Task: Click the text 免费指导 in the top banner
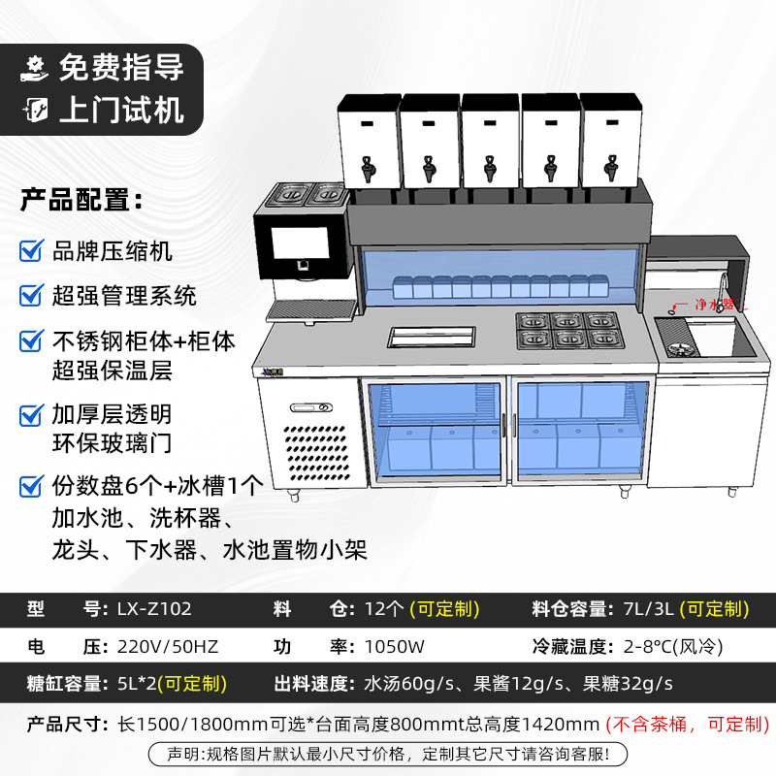120,68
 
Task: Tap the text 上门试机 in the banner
120,110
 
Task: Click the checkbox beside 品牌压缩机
31,251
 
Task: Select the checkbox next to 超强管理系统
31,294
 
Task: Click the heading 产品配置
81,202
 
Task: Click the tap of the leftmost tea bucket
367,172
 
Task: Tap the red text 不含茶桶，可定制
687,724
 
